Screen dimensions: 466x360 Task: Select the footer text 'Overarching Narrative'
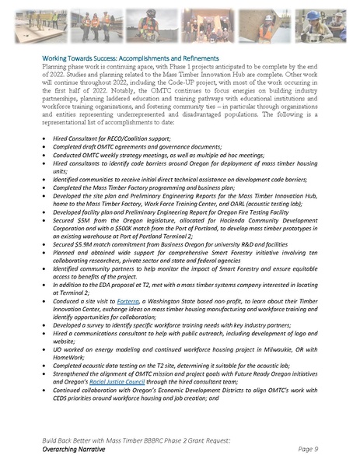80,449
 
